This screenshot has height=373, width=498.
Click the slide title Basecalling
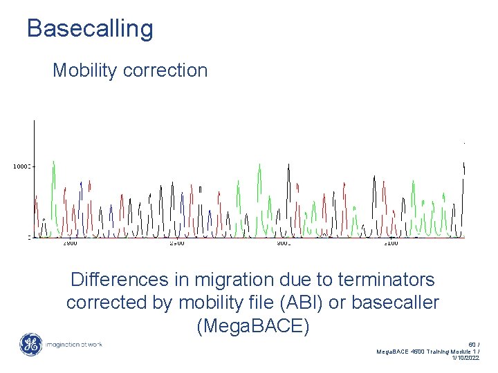(90, 28)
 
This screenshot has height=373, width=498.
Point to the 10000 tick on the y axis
(21, 166)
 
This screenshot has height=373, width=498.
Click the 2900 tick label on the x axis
(71, 243)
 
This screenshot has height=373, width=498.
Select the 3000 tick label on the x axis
(284, 243)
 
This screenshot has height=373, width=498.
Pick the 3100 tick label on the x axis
(391, 243)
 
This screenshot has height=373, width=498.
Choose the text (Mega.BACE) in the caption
(253, 325)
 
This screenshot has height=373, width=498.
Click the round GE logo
(30, 344)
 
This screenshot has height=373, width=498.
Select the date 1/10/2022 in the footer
(465, 358)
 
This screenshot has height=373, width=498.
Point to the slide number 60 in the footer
(472, 344)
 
